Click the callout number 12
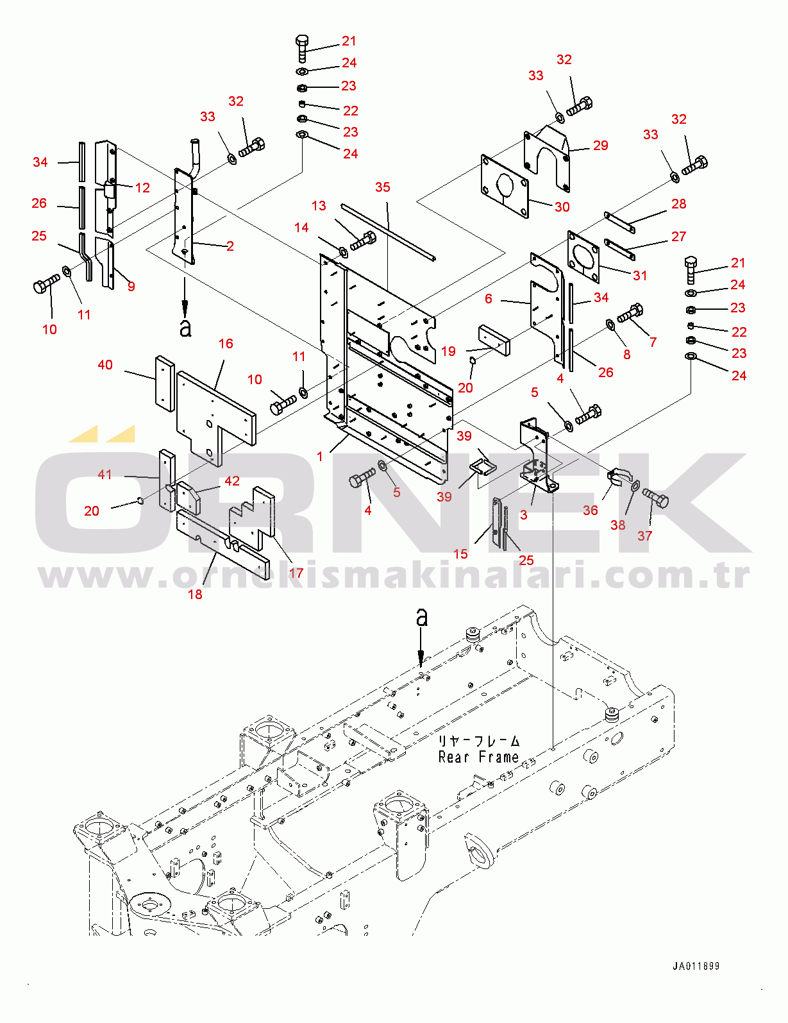coord(142,187)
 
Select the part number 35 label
coord(382,187)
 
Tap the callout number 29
coord(600,146)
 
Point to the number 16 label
coord(226,344)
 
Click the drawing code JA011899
coord(696,966)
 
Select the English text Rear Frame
coord(478,757)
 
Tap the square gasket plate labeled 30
coord(506,186)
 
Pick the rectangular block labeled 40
coord(164,384)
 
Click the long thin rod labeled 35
coord(388,232)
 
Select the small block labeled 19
coord(494,340)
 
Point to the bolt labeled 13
coord(363,242)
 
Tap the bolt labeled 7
coord(630,314)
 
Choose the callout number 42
coord(232,481)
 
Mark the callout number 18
coord(195,595)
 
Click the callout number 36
coord(590,511)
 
